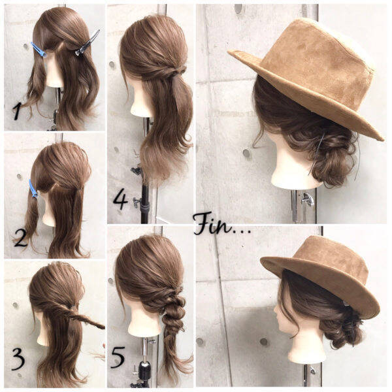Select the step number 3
[18, 359]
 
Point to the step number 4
[120, 200]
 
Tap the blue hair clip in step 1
[39, 50]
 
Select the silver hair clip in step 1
[88, 42]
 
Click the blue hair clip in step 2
[33, 189]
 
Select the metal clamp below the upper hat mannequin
[307, 199]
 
